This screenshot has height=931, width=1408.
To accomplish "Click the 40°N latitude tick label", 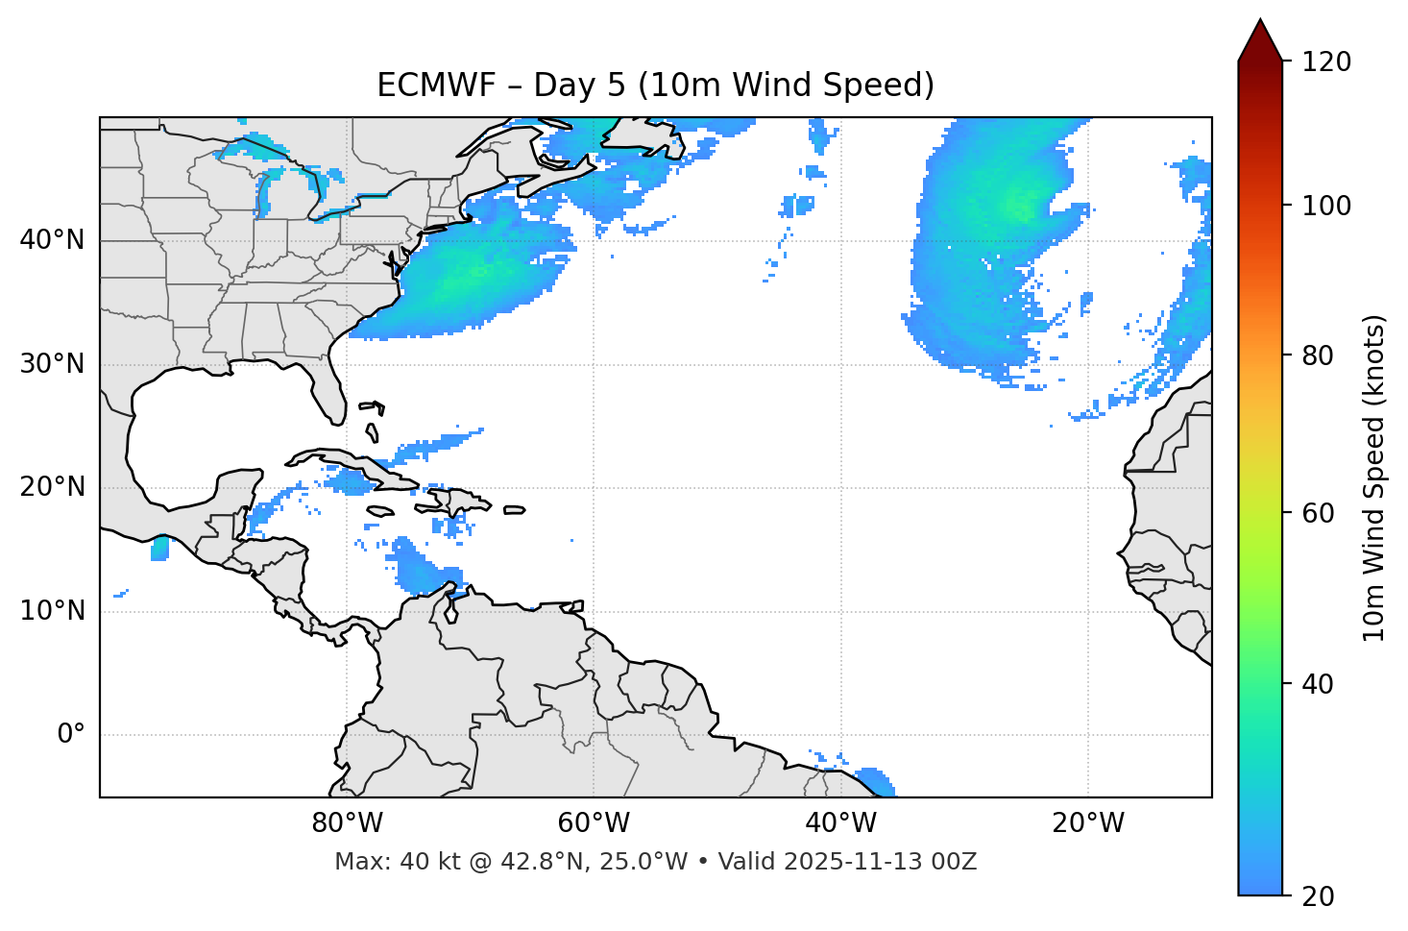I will coord(52,240).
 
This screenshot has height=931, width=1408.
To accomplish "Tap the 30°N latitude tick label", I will coord(52,364).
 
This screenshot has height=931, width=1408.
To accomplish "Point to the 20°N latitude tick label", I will coord(52,487).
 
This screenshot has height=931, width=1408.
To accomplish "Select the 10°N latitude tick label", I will coord(52,611).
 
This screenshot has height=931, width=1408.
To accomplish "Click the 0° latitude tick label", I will coord(71,735).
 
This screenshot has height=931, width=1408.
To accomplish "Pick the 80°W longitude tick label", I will coord(347,823).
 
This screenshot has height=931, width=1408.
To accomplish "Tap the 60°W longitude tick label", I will coord(594,823).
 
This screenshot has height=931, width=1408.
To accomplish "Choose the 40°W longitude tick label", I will coord(840,823).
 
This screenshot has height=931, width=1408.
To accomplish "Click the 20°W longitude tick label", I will coord(1088,823).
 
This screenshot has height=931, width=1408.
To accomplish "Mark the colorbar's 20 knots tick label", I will coord(1318,896).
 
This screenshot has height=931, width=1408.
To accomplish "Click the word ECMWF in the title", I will coord(436,86).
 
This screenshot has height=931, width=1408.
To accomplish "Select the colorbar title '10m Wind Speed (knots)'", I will coord(1374,478).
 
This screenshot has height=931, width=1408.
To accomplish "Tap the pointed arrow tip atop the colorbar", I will coord(1260,23).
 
